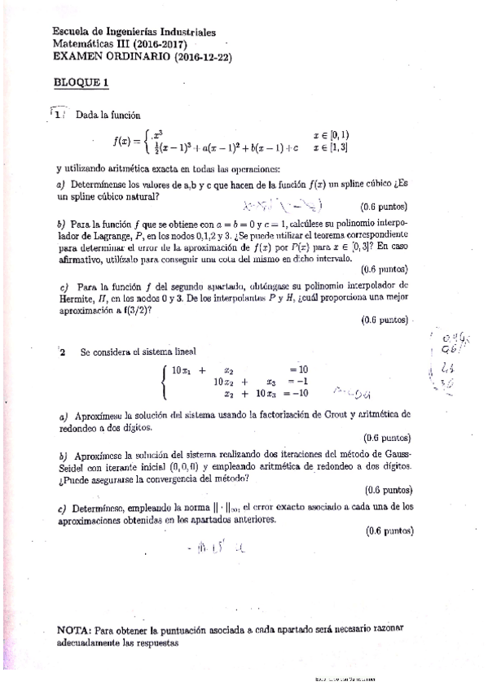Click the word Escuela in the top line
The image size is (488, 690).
pyautogui.click(x=72, y=33)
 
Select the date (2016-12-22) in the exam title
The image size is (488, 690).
pyautogui.click(x=177, y=56)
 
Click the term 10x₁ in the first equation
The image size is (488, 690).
pyautogui.click(x=181, y=370)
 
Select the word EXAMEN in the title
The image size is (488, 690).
pyautogui.click(x=76, y=56)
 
